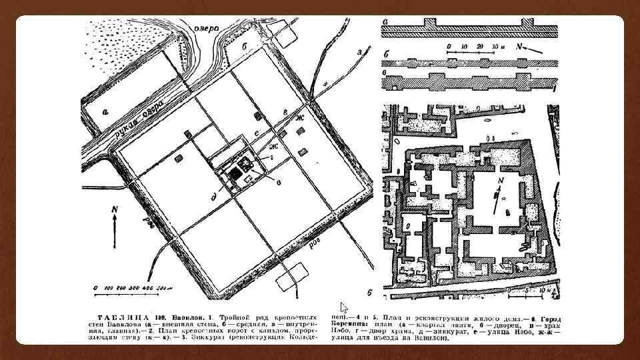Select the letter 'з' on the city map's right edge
tap(359, 51)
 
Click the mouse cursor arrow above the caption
tap(344, 307)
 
